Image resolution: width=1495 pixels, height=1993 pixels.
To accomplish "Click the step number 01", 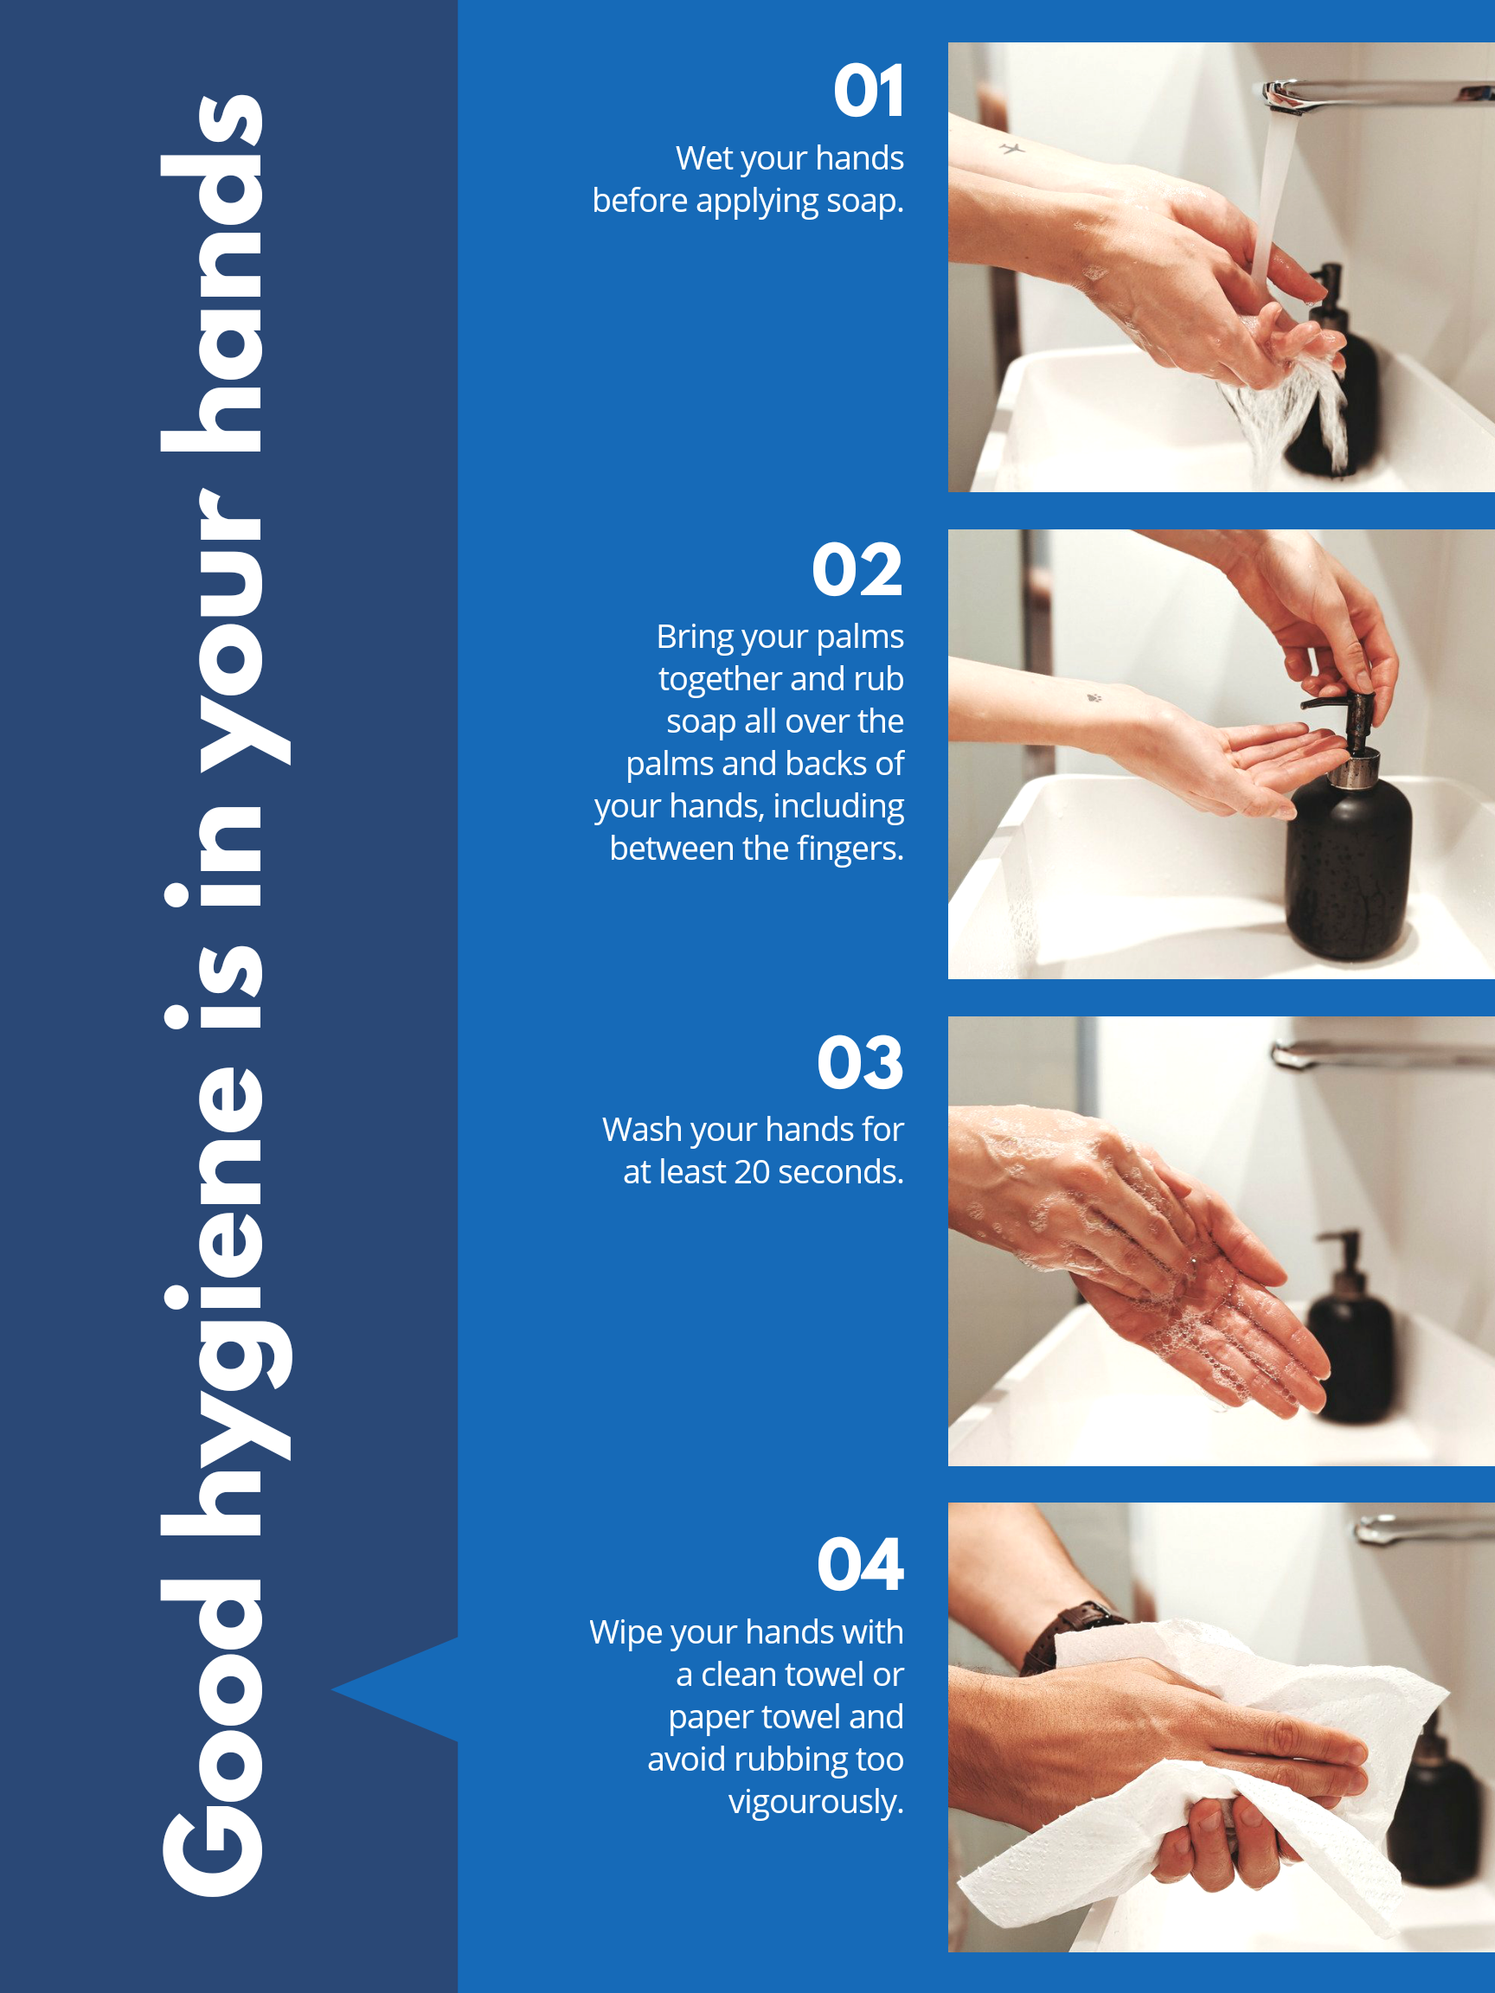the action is pos(868,91).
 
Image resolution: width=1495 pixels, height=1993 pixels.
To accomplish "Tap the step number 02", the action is pos(857,569).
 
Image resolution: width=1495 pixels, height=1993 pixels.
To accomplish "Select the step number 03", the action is pos(860,1062).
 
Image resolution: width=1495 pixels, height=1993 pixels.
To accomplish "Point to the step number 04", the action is pos(860,1564).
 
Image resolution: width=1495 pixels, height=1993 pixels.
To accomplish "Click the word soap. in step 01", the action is pos(864,201).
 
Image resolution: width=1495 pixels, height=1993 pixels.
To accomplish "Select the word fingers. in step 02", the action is pos(850,849).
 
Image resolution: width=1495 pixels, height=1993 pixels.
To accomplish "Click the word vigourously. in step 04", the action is pos(816,1802).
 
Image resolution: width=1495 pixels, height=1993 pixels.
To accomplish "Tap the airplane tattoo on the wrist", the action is pos(1013,148).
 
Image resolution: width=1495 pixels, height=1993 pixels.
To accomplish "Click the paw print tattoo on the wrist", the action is pos(1094,696).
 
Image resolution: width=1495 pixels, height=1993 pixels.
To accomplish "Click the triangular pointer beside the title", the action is pos(396,1689).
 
